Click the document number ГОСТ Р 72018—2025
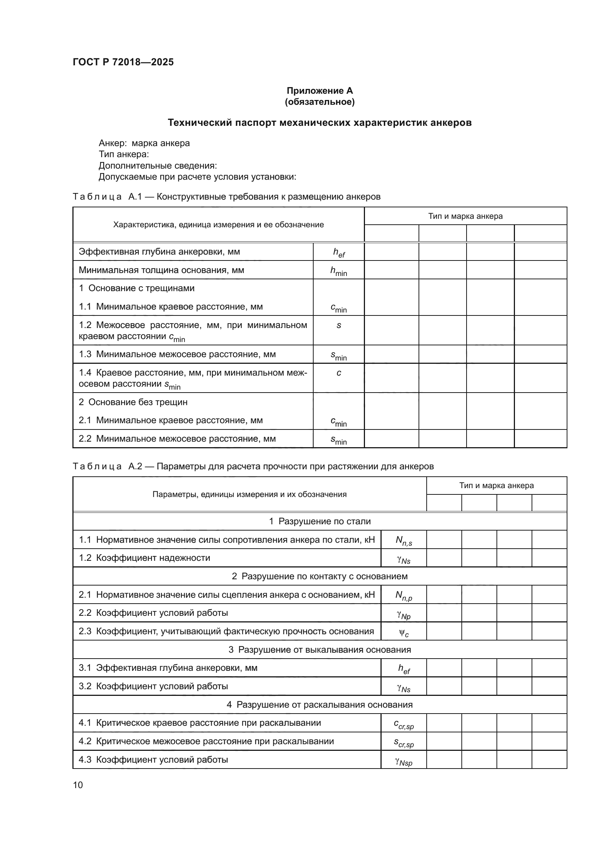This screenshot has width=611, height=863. click(x=123, y=62)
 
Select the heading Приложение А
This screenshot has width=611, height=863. click(x=320, y=91)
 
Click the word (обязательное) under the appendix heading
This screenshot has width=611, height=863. click(x=320, y=102)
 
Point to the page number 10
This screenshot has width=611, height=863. click(x=78, y=785)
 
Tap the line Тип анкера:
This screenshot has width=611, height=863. click(x=124, y=155)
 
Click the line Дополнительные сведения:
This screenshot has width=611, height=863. click(x=158, y=166)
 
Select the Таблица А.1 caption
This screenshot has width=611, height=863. click(x=226, y=197)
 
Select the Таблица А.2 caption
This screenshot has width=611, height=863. click(x=253, y=466)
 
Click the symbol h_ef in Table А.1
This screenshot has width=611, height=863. click(x=339, y=253)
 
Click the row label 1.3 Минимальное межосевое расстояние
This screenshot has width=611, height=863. click(x=177, y=355)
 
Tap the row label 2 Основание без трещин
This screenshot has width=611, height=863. click(x=133, y=402)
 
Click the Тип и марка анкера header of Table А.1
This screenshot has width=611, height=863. click(x=465, y=216)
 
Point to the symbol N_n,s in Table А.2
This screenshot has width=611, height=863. click(x=404, y=541)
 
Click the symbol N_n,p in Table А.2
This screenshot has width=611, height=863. click(x=404, y=596)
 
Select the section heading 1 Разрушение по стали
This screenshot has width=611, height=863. click(x=320, y=521)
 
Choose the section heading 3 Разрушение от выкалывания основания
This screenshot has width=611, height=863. click(x=320, y=650)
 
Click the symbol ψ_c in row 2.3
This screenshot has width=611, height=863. click(x=404, y=632)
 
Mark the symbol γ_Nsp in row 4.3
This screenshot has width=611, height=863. click(x=404, y=761)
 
